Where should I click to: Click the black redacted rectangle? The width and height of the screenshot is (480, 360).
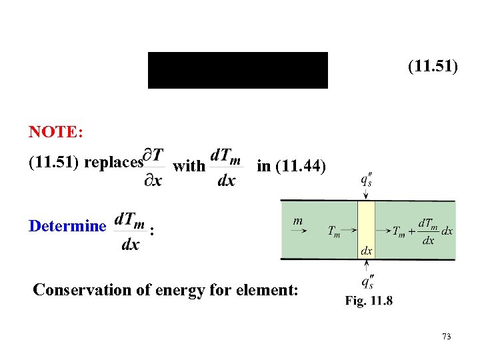[237, 70]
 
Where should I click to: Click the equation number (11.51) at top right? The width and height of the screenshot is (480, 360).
[433, 67]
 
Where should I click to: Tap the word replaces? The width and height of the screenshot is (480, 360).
[117, 162]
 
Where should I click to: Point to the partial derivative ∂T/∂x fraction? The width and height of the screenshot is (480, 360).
[154, 167]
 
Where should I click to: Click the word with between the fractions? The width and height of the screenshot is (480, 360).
[189, 166]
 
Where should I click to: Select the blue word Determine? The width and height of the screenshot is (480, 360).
[67, 226]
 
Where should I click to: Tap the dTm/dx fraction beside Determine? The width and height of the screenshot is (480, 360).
[131, 231]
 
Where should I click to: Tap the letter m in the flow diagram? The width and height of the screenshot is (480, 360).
[299, 219]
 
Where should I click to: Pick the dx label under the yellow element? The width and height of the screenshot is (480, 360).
[367, 251]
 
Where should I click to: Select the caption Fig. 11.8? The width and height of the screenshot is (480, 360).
[369, 301]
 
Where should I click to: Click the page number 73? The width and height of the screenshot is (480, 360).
[446, 337]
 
